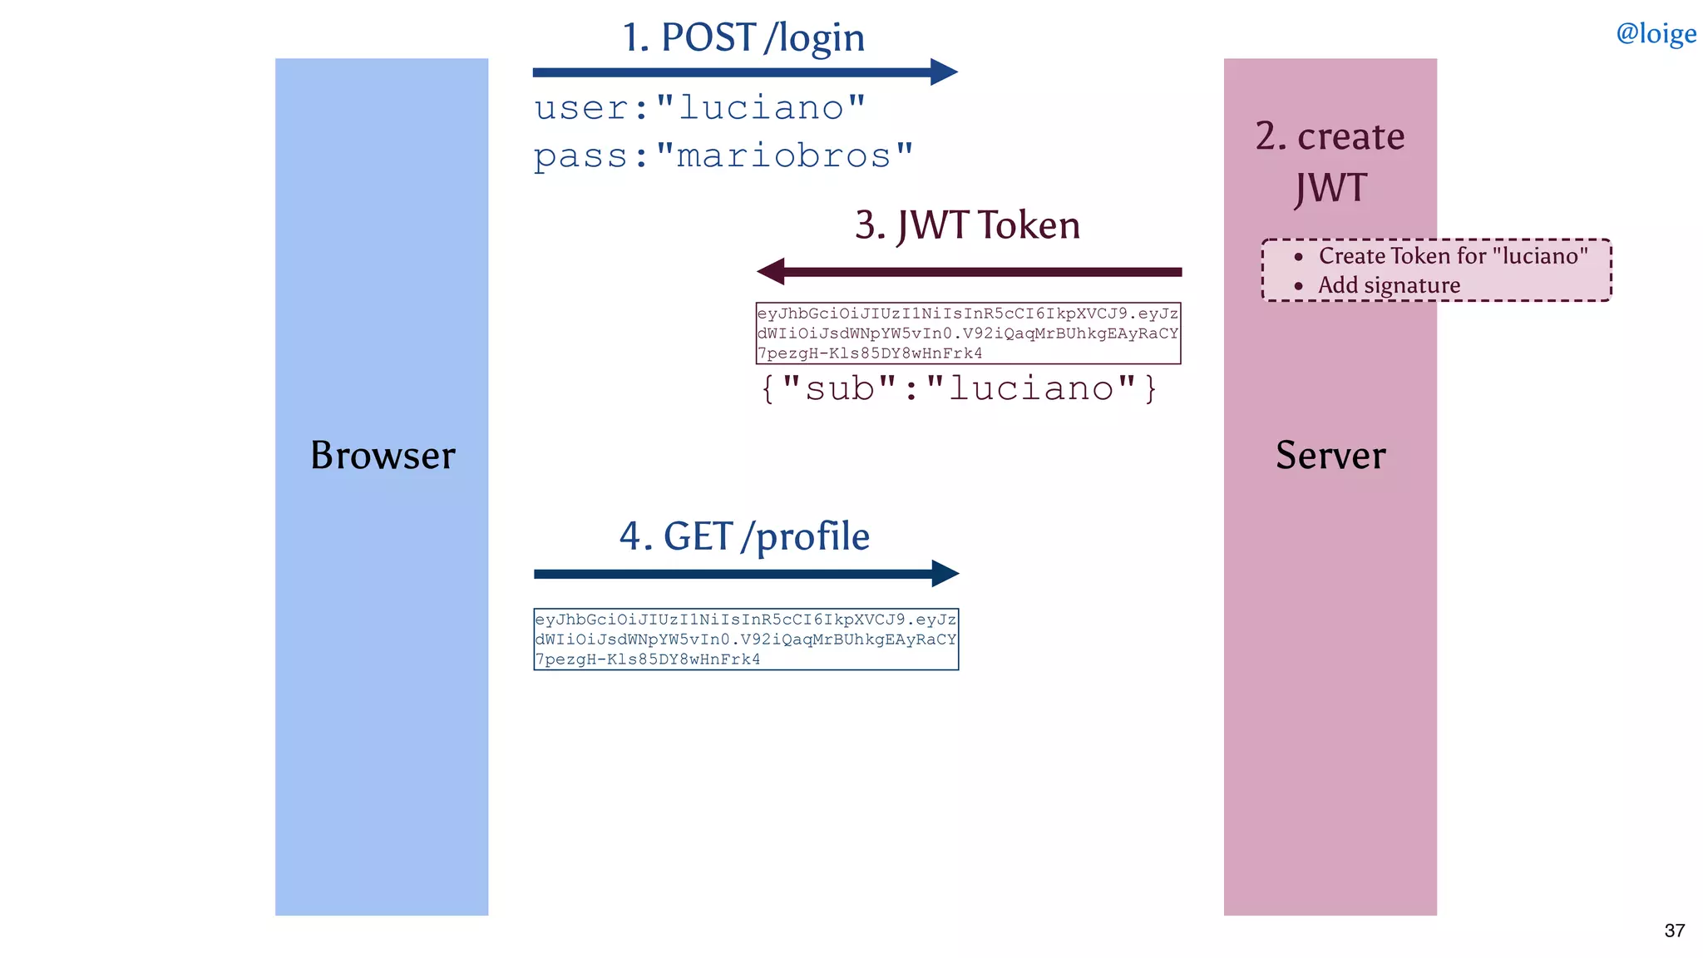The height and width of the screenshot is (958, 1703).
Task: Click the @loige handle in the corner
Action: point(1655,33)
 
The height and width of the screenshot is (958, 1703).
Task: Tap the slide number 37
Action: point(1674,931)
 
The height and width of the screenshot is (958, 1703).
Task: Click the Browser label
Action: point(383,455)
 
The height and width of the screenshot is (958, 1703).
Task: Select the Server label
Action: point(1330,455)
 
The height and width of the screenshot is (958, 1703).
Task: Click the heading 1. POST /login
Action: point(743,37)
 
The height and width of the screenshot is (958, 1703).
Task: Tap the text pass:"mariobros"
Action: point(723,156)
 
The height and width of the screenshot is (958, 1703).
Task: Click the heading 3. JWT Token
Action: point(967,225)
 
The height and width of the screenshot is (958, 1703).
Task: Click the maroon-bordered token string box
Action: point(968,333)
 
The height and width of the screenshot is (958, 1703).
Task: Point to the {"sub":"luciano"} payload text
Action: point(959,388)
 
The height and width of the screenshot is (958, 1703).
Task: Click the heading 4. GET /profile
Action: point(744,536)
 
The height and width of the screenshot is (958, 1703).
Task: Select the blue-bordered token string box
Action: point(746,639)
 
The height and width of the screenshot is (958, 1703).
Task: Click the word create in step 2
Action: point(1350,136)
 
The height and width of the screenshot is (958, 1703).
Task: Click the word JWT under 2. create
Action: point(1330,188)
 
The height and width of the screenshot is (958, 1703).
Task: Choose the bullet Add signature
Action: point(1389,285)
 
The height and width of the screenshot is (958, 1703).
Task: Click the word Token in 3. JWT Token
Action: point(1029,225)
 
